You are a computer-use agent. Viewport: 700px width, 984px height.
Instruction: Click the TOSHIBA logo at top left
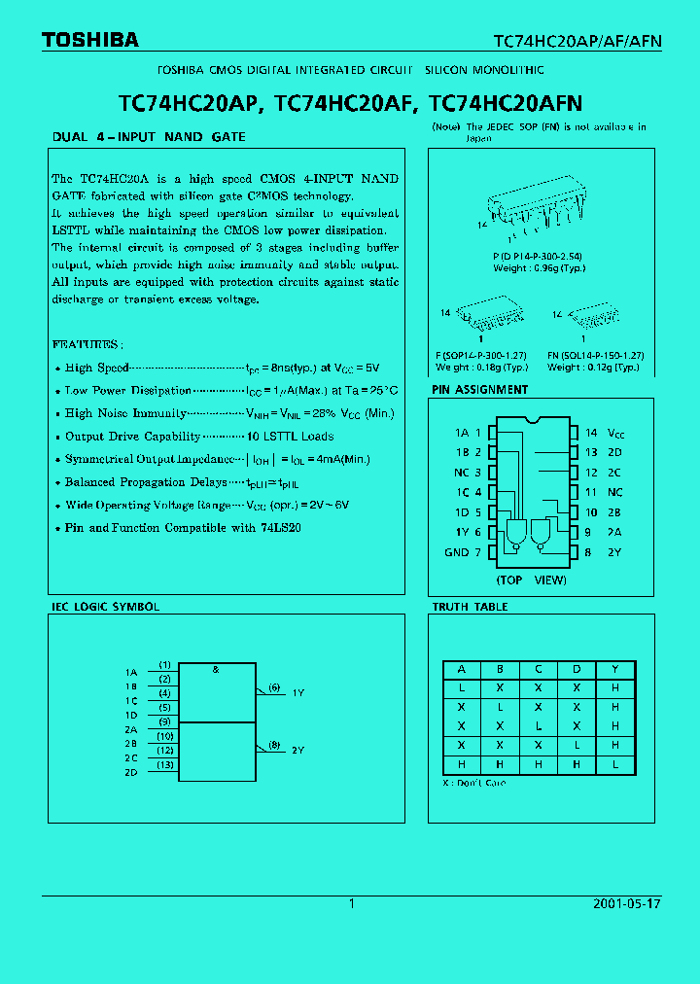coord(89,40)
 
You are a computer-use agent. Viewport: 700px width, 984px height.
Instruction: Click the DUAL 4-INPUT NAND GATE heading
coord(148,137)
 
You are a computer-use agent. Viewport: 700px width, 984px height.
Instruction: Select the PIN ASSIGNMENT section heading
coord(480,390)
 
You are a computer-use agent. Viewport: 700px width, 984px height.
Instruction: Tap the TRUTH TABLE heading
coord(471,607)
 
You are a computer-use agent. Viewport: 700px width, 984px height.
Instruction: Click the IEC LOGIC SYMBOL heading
coord(105,607)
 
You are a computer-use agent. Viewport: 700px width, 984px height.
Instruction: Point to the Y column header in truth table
coord(615,670)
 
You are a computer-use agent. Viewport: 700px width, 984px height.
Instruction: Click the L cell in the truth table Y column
coord(615,765)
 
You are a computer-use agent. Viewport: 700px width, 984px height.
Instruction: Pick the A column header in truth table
coord(462,670)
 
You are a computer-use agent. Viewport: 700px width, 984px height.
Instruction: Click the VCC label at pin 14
coord(615,433)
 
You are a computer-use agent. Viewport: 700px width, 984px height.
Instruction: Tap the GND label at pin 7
coord(456,552)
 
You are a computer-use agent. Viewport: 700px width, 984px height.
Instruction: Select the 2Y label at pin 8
coord(614,552)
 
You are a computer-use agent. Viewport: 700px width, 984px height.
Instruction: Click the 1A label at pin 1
coord(461,433)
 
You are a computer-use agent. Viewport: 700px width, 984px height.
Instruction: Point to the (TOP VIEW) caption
coord(531,580)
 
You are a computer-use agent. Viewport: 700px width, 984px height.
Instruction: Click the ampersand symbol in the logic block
coord(215,670)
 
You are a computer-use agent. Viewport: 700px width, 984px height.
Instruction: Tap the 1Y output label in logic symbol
coord(298,692)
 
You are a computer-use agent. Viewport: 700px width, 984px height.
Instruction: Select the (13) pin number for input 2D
coord(165,764)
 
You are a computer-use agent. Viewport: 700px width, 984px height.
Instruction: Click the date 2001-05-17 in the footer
coord(626,903)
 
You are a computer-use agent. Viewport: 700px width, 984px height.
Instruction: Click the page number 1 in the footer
coord(352,903)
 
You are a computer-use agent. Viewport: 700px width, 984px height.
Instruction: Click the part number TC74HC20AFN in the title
coord(505,102)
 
